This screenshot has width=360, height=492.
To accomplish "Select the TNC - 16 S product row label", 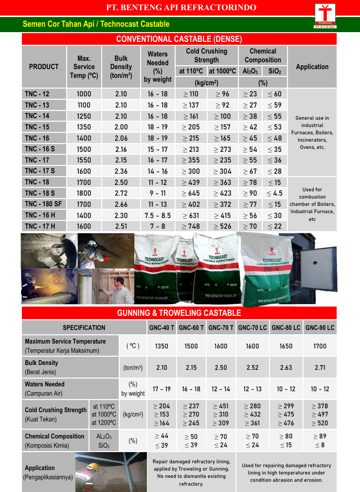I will coord(40,149).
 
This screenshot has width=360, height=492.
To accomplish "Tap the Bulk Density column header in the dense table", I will coord(121,67).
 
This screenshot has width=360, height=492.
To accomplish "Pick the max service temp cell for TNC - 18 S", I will coord(84,193).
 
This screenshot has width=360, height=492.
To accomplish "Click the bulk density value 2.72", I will coord(121,193).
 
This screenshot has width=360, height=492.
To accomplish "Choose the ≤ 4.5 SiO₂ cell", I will coord(275,193).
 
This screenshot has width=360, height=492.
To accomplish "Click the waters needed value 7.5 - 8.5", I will coord(157,215).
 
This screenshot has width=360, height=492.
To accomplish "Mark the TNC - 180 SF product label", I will coord(43,204).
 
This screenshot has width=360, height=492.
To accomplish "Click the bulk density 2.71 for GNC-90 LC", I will coord(320,367).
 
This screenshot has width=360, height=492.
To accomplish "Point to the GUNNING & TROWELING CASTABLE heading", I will coord(179,313).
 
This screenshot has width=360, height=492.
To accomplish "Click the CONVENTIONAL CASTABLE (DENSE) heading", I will coord(179,39).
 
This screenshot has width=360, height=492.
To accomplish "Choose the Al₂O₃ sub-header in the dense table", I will coord(250,71).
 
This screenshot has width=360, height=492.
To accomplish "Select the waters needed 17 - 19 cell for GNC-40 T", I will coord(162,389).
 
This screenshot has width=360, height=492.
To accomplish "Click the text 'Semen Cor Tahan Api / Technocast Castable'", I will coord(96,24).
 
